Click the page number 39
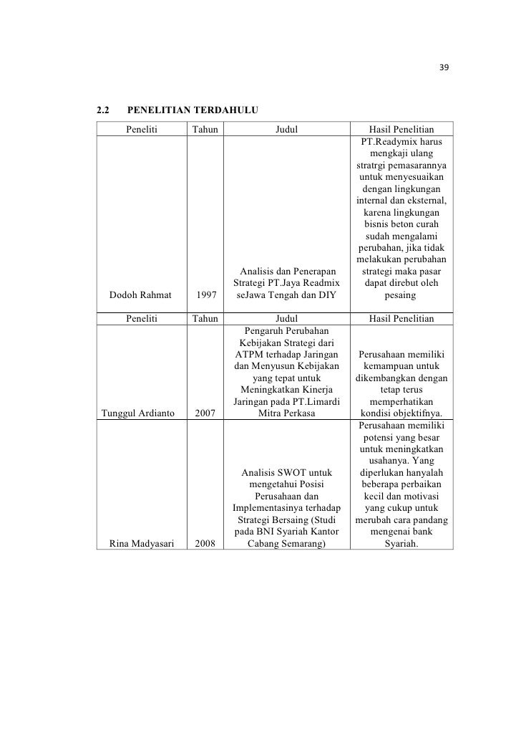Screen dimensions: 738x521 click(x=443, y=68)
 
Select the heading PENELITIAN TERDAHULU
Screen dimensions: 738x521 click(x=192, y=111)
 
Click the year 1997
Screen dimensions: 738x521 click(x=205, y=294)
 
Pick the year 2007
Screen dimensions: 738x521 click(x=205, y=413)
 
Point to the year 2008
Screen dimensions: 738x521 click(x=205, y=543)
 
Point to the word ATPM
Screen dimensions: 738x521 click(x=248, y=353)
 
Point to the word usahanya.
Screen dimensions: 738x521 click(x=391, y=460)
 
